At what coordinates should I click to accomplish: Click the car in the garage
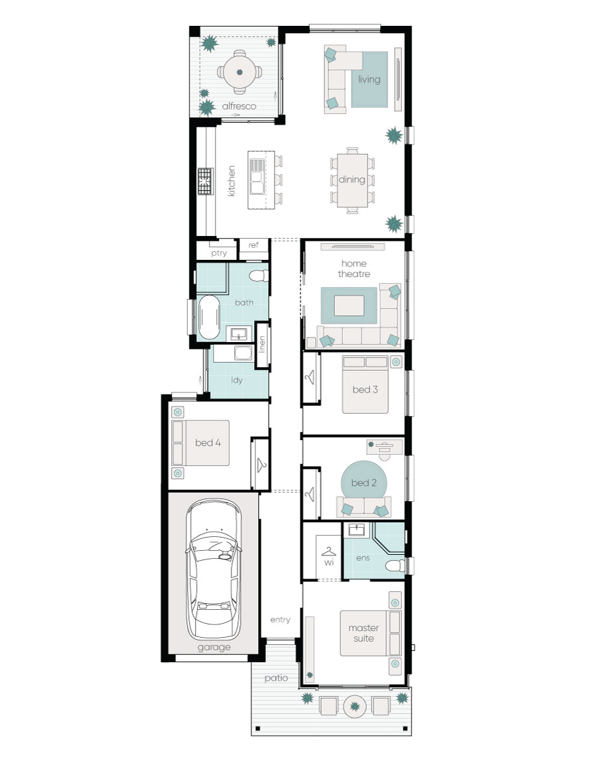[213, 569]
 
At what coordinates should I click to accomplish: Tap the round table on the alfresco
[239, 72]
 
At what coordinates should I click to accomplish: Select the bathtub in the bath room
[209, 317]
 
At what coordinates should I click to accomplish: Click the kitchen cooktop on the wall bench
[206, 181]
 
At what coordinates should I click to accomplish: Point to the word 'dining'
[352, 180]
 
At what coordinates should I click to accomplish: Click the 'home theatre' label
[354, 268]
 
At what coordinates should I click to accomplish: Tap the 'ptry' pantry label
[218, 253]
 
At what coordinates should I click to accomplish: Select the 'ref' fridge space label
[253, 245]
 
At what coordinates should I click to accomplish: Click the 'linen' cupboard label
[262, 345]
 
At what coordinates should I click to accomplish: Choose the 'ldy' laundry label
[236, 380]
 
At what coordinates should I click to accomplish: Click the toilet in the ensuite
[395, 565]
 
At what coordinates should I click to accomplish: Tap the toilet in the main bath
[259, 276]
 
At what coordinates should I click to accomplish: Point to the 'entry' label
[280, 620]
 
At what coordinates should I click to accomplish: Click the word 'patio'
[276, 678]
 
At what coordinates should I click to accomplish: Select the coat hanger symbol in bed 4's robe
[261, 465]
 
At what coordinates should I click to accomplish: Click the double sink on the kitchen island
[256, 176]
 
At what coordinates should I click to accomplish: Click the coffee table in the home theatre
[349, 306]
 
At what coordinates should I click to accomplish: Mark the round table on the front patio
[355, 707]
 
